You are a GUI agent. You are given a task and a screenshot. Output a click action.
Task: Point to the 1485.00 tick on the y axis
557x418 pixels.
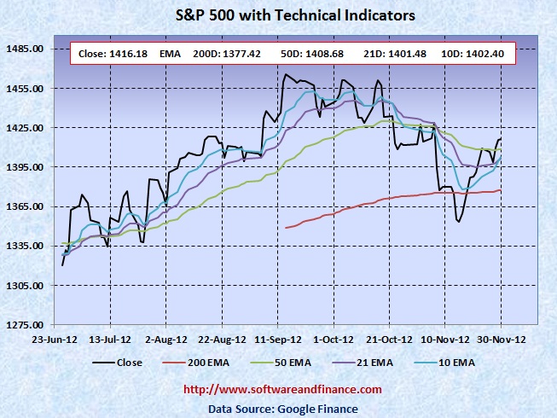click(26, 49)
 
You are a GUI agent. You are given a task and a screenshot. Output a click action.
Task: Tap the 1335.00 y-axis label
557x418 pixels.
click(26, 246)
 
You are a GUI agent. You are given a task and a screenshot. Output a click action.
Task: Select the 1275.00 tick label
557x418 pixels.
click(26, 325)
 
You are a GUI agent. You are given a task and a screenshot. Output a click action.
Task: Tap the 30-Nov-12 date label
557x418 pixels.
click(501, 337)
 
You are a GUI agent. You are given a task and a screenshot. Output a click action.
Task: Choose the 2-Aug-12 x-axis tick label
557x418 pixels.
click(166, 337)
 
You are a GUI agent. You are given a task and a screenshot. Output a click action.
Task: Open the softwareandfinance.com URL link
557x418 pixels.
click(282, 389)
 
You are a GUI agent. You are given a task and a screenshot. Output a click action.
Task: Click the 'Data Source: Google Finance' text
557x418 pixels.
click(282, 408)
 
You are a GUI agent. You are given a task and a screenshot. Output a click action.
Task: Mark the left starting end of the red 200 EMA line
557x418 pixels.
click(285, 228)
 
